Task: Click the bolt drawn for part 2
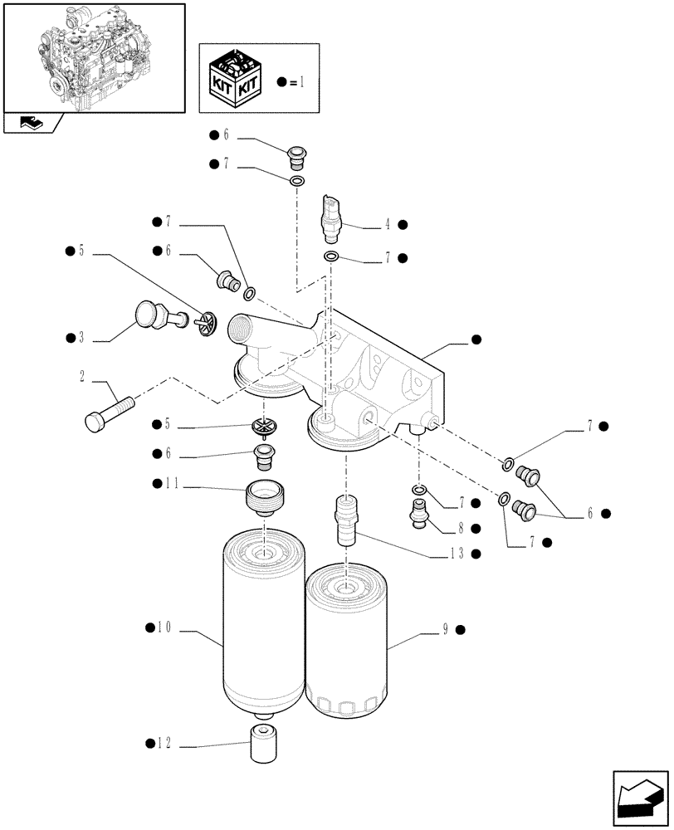(x=108, y=413)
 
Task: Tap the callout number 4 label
(x=387, y=224)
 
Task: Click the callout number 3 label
(x=81, y=338)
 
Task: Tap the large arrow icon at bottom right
(x=640, y=796)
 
